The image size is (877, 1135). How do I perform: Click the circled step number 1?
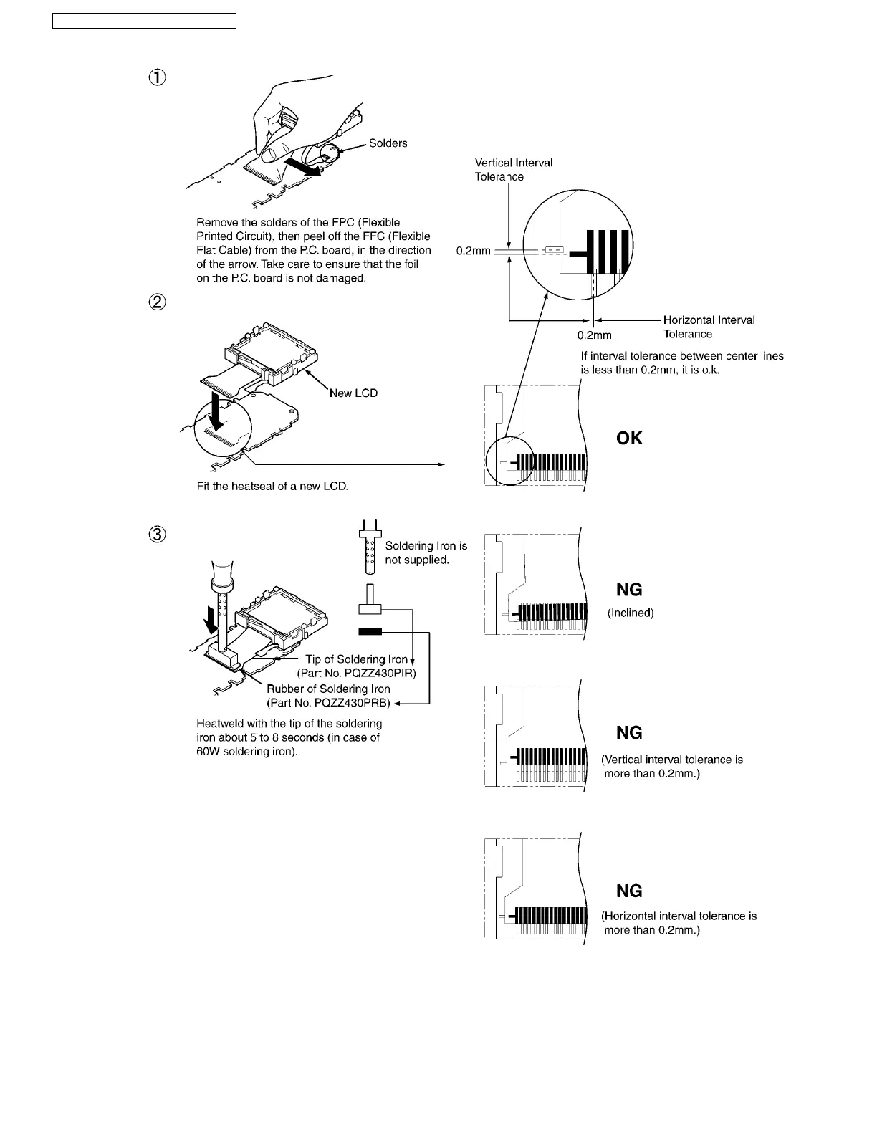(x=157, y=78)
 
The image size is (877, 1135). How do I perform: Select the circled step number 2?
(x=157, y=303)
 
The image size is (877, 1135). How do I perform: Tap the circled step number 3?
(x=157, y=535)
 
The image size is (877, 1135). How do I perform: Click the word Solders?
(x=388, y=143)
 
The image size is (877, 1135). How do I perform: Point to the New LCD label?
(x=353, y=393)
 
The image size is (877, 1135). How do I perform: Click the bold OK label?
(x=629, y=439)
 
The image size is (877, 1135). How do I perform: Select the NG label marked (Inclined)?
(x=629, y=590)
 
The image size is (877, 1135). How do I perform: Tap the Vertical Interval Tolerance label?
(x=513, y=170)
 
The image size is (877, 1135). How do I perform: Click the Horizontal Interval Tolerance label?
(x=709, y=327)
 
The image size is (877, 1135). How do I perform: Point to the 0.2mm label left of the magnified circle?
(x=473, y=252)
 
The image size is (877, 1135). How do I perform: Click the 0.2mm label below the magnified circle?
(x=595, y=335)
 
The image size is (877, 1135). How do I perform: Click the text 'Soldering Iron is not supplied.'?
(x=426, y=552)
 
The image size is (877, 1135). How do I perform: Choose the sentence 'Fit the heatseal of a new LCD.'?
(x=272, y=486)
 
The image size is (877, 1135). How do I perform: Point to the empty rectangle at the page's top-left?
(x=144, y=20)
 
